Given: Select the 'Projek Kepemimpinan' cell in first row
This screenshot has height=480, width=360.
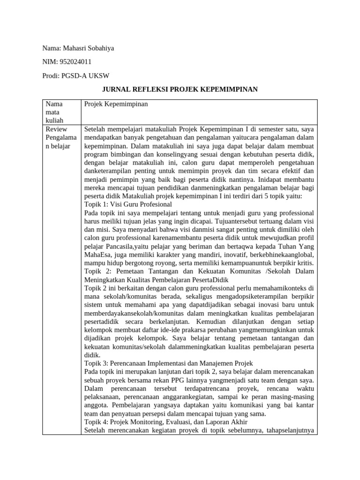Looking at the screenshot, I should pyautogui.click(x=116, y=104).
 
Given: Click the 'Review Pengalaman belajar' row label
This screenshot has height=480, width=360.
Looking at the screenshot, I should pyautogui.click(x=57, y=137).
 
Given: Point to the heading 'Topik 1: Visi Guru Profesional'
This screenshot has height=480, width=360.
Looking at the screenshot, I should pyautogui.click(x=127, y=204).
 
